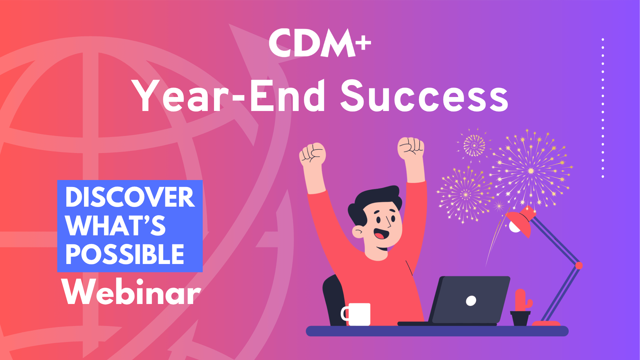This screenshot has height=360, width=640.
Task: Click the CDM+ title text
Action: point(319,43)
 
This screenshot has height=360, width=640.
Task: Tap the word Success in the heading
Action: point(424,97)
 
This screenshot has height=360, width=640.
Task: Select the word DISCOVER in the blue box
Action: point(130,197)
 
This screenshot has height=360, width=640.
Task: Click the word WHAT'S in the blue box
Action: point(115,226)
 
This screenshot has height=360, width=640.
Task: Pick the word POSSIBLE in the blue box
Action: point(125,254)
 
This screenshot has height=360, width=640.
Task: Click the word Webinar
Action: point(131,292)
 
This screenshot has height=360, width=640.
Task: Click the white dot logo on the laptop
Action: point(471,301)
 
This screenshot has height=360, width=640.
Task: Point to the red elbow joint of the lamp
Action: point(579,266)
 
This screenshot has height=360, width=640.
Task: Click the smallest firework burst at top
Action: point(474,145)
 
